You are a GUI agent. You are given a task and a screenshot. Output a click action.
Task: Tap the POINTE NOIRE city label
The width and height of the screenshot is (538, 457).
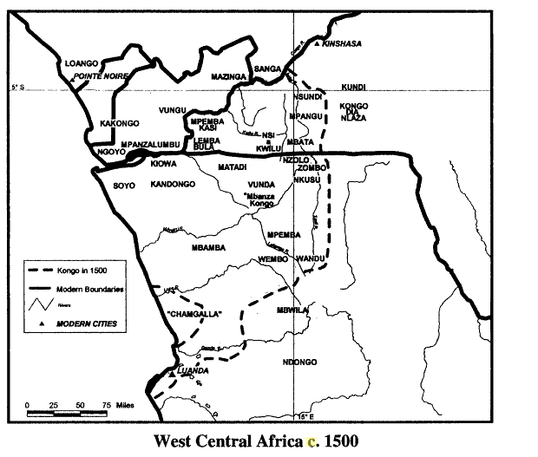pos(102,76)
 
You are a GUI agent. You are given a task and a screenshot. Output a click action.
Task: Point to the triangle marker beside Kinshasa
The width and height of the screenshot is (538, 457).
pos(319,43)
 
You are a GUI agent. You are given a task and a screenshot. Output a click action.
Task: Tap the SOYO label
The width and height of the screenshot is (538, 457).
pos(126,185)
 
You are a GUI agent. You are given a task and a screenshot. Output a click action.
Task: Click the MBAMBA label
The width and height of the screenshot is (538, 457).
pos(208,248)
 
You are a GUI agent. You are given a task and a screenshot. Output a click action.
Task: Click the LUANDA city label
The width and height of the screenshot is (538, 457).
pos(192,370)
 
